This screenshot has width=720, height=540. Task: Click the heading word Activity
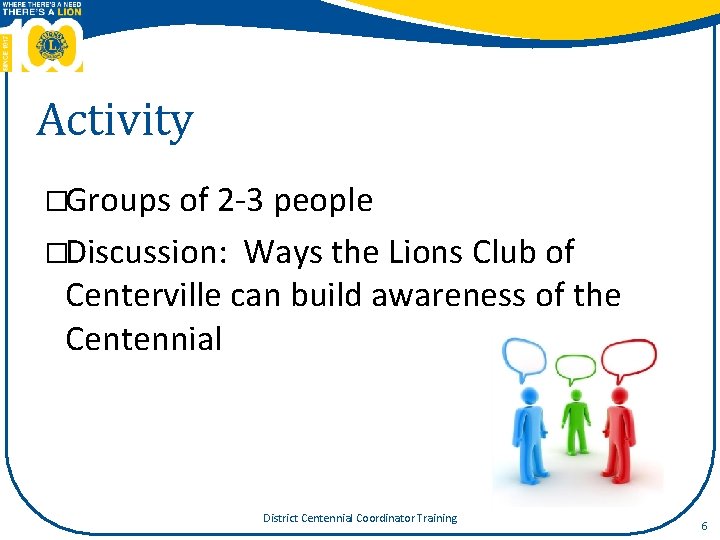pyautogui.click(x=114, y=122)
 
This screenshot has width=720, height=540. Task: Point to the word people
pyautogui.click(x=323, y=201)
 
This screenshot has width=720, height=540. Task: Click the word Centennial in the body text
pyautogui.click(x=143, y=339)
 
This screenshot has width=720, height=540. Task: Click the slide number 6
pyautogui.click(x=704, y=526)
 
